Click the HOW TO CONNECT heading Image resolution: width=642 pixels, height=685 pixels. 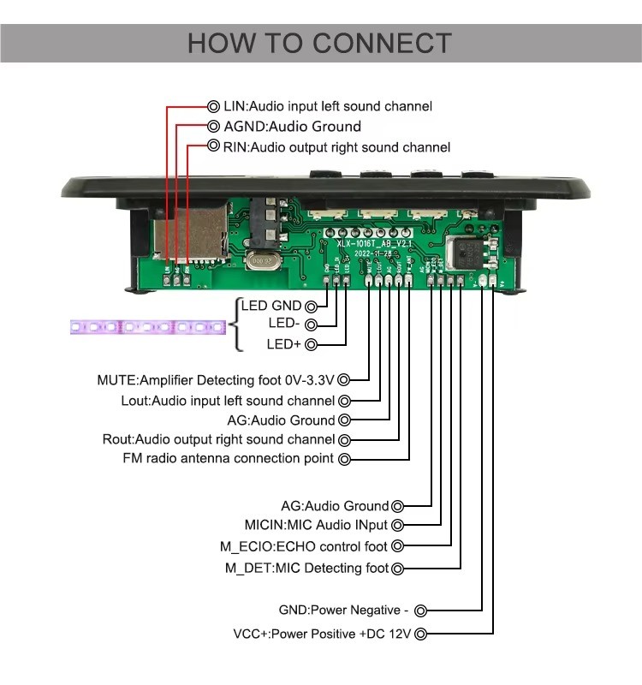[x=319, y=43]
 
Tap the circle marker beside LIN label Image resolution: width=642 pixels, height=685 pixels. [x=214, y=106]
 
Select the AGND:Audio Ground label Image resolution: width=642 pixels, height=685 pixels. [x=281, y=127]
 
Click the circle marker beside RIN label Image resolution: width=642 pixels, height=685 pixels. [x=214, y=147]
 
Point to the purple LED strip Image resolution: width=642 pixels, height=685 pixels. [x=146, y=327]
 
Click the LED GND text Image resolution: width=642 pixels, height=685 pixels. [x=271, y=306]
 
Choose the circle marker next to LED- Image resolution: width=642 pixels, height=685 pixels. [x=311, y=325]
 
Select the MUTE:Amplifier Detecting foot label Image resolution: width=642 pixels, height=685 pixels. [x=215, y=379]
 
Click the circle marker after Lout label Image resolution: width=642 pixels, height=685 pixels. [x=344, y=401]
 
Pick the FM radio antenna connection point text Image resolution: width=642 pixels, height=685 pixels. [x=229, y=459]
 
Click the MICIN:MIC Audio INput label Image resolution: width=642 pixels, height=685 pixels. [x=316, y=525]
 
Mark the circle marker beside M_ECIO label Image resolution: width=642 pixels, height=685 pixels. [x=395, y=546]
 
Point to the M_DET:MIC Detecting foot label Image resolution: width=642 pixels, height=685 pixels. [x=306, y=568]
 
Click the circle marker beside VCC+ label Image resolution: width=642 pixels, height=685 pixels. [x=420, y=634]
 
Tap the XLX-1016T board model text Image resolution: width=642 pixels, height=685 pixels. [x=375, y=242]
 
